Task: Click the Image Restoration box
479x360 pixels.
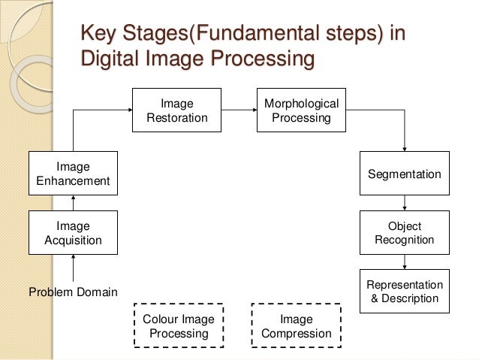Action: [x=177, y=110]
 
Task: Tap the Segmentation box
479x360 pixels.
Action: [x=405, y=174]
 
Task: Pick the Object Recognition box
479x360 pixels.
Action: [x=405, y=232]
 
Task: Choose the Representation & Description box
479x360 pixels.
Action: [x=405, y=292]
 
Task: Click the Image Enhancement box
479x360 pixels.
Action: [x=73, y=173]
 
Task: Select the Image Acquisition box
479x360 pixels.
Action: [x=73, y=233]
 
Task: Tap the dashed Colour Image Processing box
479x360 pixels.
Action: [x=178, y=325]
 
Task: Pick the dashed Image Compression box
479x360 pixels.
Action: [x=296, y=325]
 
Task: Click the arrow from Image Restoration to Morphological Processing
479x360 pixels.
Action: [x=239, y=110]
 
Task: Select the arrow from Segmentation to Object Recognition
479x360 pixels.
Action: [x=405, y=202]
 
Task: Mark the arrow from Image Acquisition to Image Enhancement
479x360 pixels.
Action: [x=73, y=202]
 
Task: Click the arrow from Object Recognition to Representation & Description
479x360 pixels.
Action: [x=405, y=261]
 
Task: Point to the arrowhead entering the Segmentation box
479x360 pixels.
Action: [x=405, y=148]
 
